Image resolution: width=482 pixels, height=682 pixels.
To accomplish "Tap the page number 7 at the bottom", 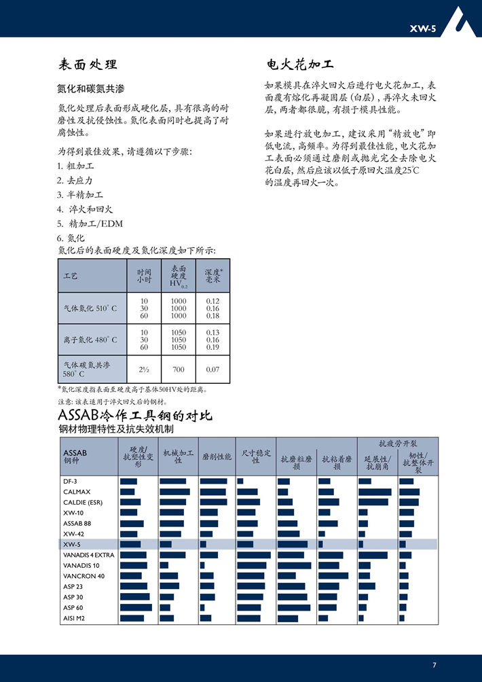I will click(434, 665).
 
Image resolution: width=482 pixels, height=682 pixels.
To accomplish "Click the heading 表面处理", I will click(88, 65).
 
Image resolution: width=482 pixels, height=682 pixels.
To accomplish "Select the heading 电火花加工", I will click(299, 65).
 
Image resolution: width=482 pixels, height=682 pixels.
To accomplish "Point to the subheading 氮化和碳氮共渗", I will click(91, 89).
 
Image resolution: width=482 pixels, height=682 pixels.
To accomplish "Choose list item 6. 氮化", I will click(71, 238).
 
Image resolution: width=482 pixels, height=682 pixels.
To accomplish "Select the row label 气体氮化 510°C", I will click(90, 308).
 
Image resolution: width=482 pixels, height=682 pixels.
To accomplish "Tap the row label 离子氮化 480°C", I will click(90, 340).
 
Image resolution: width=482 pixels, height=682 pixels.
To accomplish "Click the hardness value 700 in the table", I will click(179, 370).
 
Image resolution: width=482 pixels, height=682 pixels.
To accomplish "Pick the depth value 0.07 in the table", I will click(212, 370).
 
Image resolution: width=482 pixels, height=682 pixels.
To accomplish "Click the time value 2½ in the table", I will click(144, 370).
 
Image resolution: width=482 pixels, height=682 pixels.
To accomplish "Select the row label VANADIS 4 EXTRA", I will click(89, 555).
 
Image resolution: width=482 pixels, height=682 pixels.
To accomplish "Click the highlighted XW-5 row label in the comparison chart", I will click(73, 544).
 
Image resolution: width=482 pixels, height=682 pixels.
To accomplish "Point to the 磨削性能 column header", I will click(217, 457).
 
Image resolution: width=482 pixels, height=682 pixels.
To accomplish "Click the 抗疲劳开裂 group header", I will click(397, 442).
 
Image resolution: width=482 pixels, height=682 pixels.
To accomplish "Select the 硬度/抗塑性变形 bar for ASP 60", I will click(136, 607).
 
